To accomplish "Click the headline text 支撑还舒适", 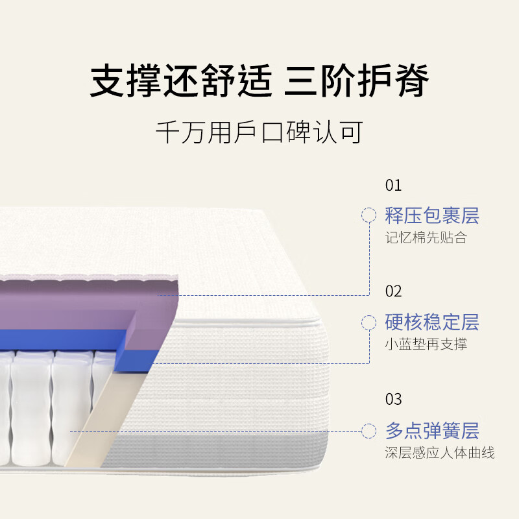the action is [x=182, y=80].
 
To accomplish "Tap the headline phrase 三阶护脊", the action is [x=356, y=80].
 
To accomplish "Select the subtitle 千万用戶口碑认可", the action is [x=259, y=132].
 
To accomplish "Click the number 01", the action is [x=393, y=186].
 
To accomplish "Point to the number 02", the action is [x=393, y=291].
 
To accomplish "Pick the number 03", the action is [x=393, y=399].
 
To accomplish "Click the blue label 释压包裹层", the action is [x=432, y=216].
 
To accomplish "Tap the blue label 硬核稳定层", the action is [x=432, y=322].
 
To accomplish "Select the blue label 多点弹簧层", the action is [x=432, y=431].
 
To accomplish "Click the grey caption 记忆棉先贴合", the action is [x=426, y=237].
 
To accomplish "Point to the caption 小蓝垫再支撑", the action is [x=426, y=344].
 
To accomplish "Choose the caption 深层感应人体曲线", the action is [x=440, y=452].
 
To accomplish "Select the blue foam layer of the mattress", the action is [x=66, y=339].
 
